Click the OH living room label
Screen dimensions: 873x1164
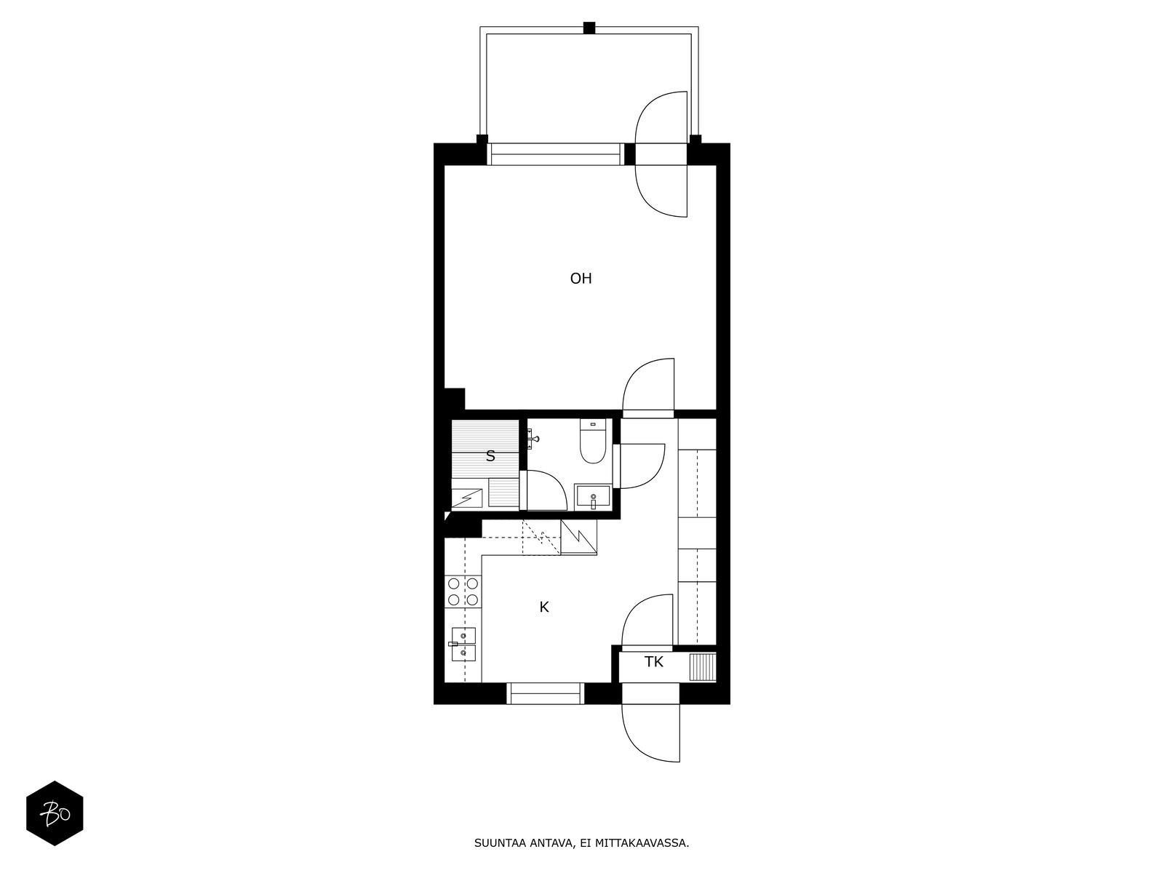click(581, 279)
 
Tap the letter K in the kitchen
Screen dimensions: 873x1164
click(544, 607)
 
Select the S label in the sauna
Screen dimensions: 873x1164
click(490, 457)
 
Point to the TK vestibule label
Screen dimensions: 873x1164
click(654, 662)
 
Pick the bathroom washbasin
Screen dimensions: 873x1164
click(593, 498)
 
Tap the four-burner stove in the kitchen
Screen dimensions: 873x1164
click(463, 591)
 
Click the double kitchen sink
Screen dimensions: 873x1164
click(463, 645)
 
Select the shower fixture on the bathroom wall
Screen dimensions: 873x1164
click(533, 439)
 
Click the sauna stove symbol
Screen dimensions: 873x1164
click(467, 498)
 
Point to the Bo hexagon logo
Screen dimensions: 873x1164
click(55, 813)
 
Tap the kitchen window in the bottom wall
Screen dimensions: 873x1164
click(546, 693)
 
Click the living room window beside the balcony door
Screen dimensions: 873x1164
click(557, 154)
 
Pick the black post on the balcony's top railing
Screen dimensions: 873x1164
click(589, 28)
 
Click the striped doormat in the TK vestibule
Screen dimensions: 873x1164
click(702, 667)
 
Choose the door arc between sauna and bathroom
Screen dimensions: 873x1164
click(547, 490)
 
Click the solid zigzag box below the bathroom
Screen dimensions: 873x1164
click(578, 537)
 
